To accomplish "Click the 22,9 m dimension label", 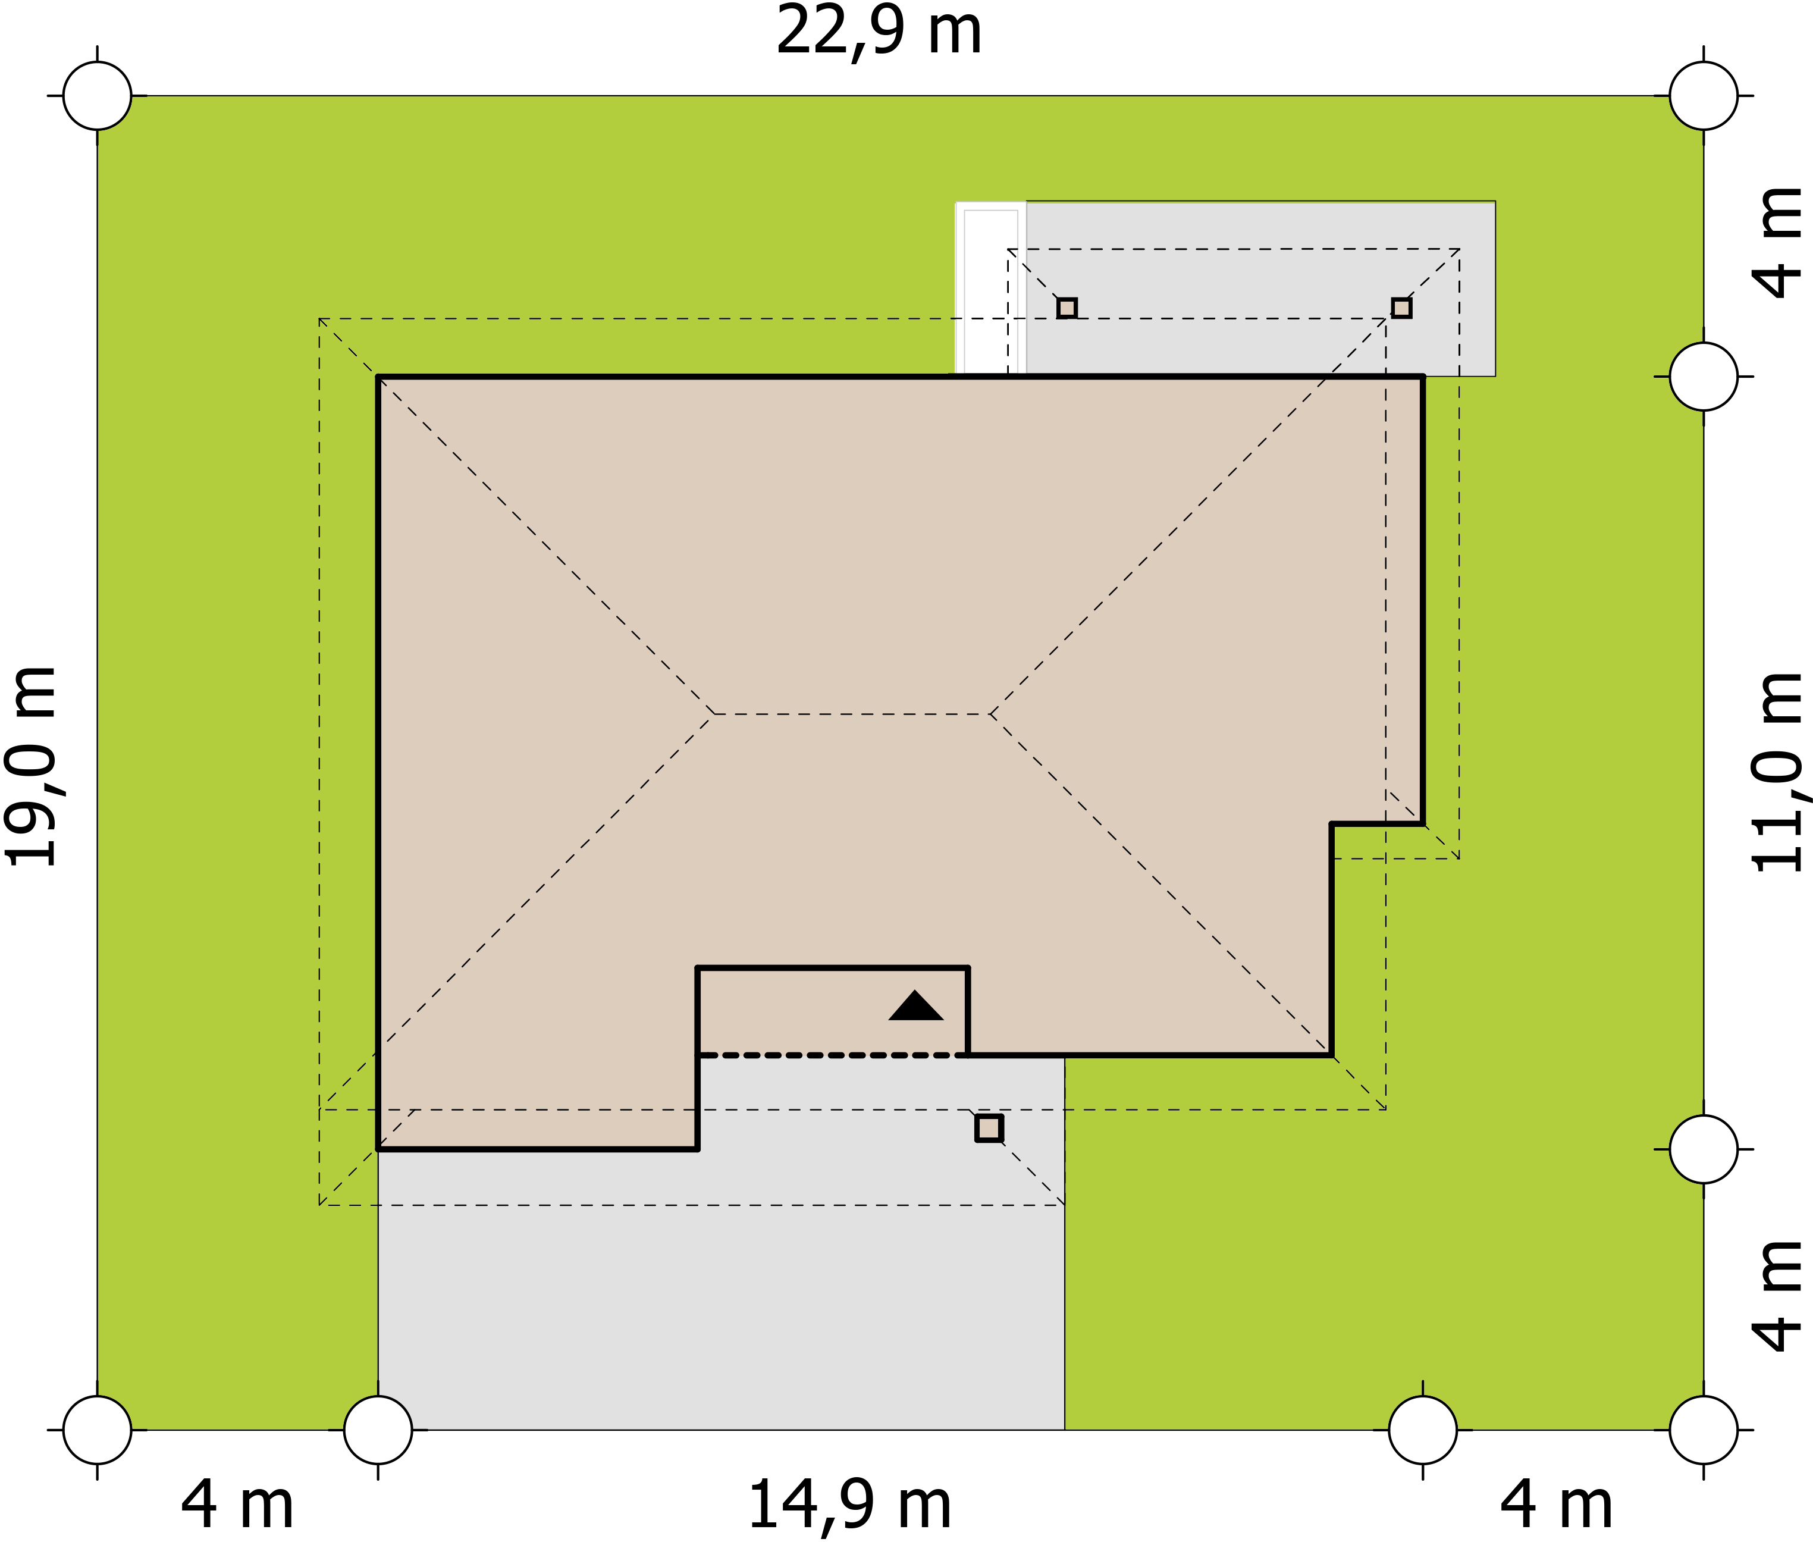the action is [x=879, y=32].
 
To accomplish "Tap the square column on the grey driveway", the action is [x=989, y=1129].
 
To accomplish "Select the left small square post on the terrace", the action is [x=1067, y=308].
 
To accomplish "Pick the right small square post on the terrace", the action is [x=1401, y=308].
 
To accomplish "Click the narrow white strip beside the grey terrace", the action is [x=990, y=289].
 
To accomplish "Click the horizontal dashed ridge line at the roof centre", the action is [x=852, y=714].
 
